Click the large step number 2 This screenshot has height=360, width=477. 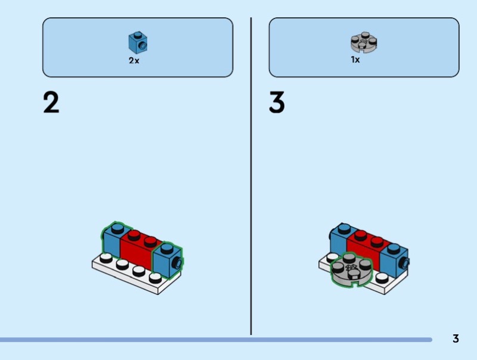[51, 103]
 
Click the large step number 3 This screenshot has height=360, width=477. [277, 103]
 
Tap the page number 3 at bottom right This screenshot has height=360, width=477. [456, 339]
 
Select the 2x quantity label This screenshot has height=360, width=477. [134, 61]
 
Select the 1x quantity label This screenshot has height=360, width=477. [355, 60]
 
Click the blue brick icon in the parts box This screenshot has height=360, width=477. [138, 42]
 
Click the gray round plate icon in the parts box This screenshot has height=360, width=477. [364, 42]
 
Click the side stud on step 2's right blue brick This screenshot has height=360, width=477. [177, 263]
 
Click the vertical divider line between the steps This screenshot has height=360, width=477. [251, 179]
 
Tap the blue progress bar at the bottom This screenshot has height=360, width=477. [215, 340]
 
